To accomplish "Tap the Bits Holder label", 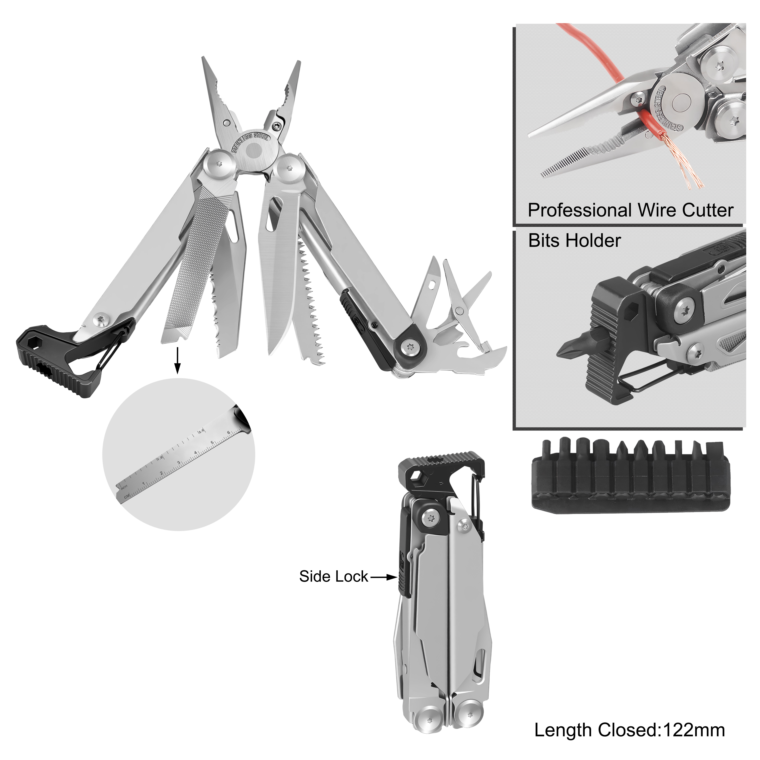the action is pos(574,240).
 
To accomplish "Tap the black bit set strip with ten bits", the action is pos(631,476).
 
